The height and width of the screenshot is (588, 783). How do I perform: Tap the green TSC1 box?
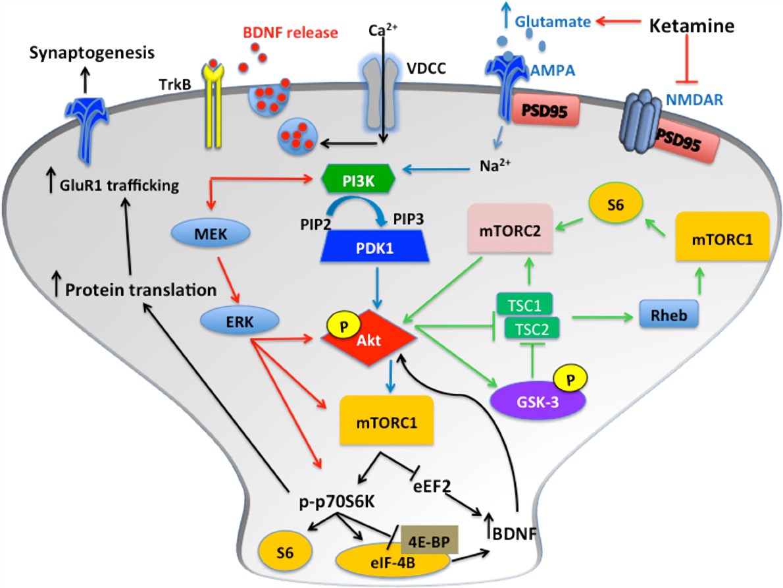(523, 305)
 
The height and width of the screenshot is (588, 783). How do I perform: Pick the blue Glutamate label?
(552, 22)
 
